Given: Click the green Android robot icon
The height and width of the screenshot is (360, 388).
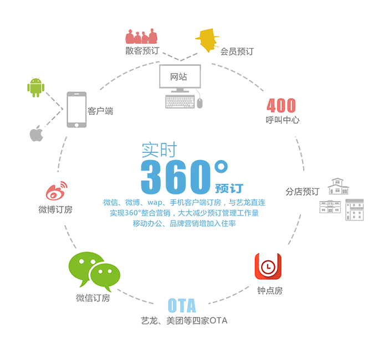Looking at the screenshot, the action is click(36, 88).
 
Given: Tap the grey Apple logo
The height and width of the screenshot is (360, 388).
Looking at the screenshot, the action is click(37, 133).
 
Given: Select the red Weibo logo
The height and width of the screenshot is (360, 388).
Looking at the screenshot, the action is click(57, 191).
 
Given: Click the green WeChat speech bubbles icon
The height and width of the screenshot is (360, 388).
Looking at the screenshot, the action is click(94, 271).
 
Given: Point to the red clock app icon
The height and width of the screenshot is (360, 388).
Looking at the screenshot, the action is click(268, 266).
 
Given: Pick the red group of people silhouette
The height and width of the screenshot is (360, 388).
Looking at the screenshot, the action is click(141, 36).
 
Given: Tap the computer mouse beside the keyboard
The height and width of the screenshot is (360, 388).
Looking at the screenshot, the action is click(200, 103).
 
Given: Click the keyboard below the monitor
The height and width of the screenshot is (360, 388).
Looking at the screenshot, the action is click(180, 102).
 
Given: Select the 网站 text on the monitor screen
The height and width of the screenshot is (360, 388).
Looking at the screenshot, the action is click(178, 76).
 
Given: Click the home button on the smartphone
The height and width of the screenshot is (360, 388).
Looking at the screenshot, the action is click(76, 125).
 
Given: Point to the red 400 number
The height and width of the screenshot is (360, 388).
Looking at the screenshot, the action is click(281, 105).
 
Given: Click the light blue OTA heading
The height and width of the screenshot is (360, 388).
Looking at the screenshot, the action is click(182, 305).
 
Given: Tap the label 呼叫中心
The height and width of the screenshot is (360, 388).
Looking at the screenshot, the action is click(282, 120).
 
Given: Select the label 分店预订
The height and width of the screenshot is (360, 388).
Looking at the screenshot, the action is click(303, 192).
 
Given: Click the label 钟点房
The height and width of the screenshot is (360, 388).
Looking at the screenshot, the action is click(270, 291).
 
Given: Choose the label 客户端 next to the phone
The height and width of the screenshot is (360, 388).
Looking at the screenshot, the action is click(100, 111).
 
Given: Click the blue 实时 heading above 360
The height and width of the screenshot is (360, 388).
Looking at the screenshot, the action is click(160, 150).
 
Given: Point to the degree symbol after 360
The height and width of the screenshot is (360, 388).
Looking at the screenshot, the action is click(221, 167).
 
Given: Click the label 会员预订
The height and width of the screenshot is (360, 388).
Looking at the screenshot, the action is click(237, 52).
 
